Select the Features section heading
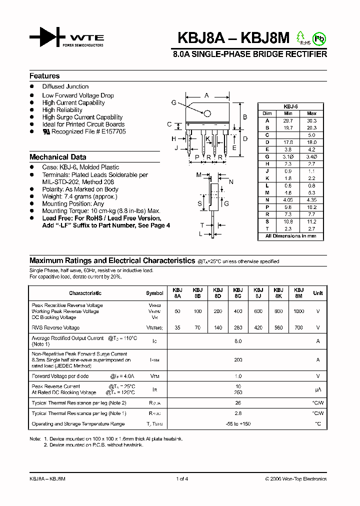[44, 76]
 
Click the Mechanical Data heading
[57, 157]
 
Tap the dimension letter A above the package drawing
[206, 95]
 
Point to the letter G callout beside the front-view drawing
[173, 102]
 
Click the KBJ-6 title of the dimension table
[290, 106]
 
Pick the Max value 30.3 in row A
[311, 120]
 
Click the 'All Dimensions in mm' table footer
[290, 236]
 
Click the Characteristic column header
[85, 293]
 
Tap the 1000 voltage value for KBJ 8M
[298, 311]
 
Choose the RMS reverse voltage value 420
[258, 328]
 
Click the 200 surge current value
[238, 359]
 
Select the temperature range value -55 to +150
[238, 424]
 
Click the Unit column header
[317, 293]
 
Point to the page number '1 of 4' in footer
[182, 479]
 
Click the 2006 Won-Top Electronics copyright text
[295, 479]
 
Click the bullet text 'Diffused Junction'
[65, 86]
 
